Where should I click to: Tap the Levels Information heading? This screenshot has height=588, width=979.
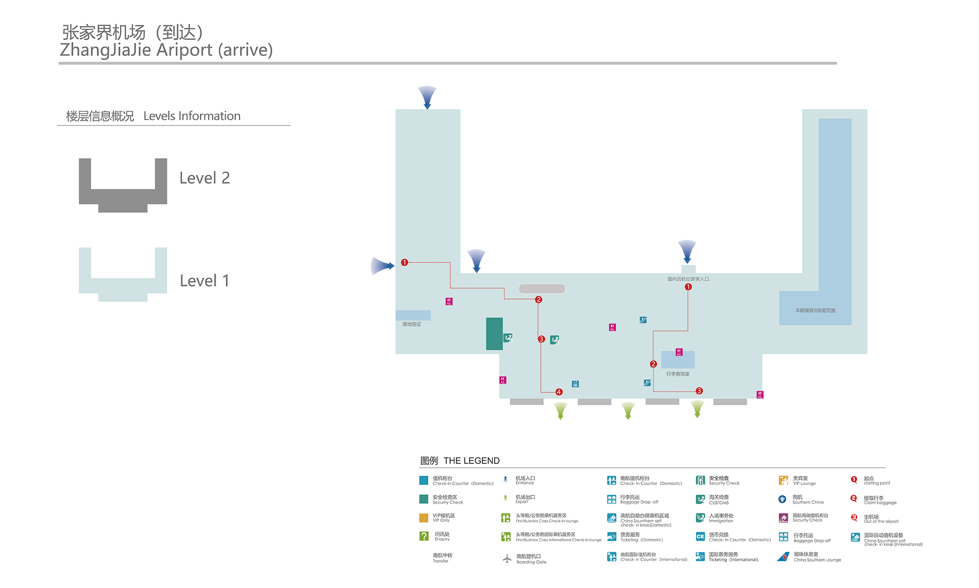tap(191, 116)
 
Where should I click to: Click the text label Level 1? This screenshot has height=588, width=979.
tap(204, 281)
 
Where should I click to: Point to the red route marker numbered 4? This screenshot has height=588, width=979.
tap(559, 392)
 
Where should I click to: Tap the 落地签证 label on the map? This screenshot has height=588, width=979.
tap(412, 324)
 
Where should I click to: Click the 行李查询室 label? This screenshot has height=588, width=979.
tap(677, 374)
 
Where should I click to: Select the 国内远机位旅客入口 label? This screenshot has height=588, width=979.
tap(688, 279)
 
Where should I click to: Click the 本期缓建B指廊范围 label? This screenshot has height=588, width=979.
tap(815, 311)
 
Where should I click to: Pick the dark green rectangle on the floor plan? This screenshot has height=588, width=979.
tap(494, 334)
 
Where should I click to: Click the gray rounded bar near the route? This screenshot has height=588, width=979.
tap(542, 289)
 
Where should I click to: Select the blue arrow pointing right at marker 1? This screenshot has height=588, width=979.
tap(382, 266)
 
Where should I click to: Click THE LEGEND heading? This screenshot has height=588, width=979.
tap(471, 461)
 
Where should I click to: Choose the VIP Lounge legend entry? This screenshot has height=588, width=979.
tap(804, 481)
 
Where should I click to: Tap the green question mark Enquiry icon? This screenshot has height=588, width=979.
tap(424, 536)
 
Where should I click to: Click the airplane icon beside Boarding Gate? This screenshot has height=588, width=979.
tap(507, 559)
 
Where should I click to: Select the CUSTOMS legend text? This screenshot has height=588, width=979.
tap(719, 503)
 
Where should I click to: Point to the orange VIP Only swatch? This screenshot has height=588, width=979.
tap(424, 518)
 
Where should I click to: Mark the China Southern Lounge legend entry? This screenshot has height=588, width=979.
tap(817, 560)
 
